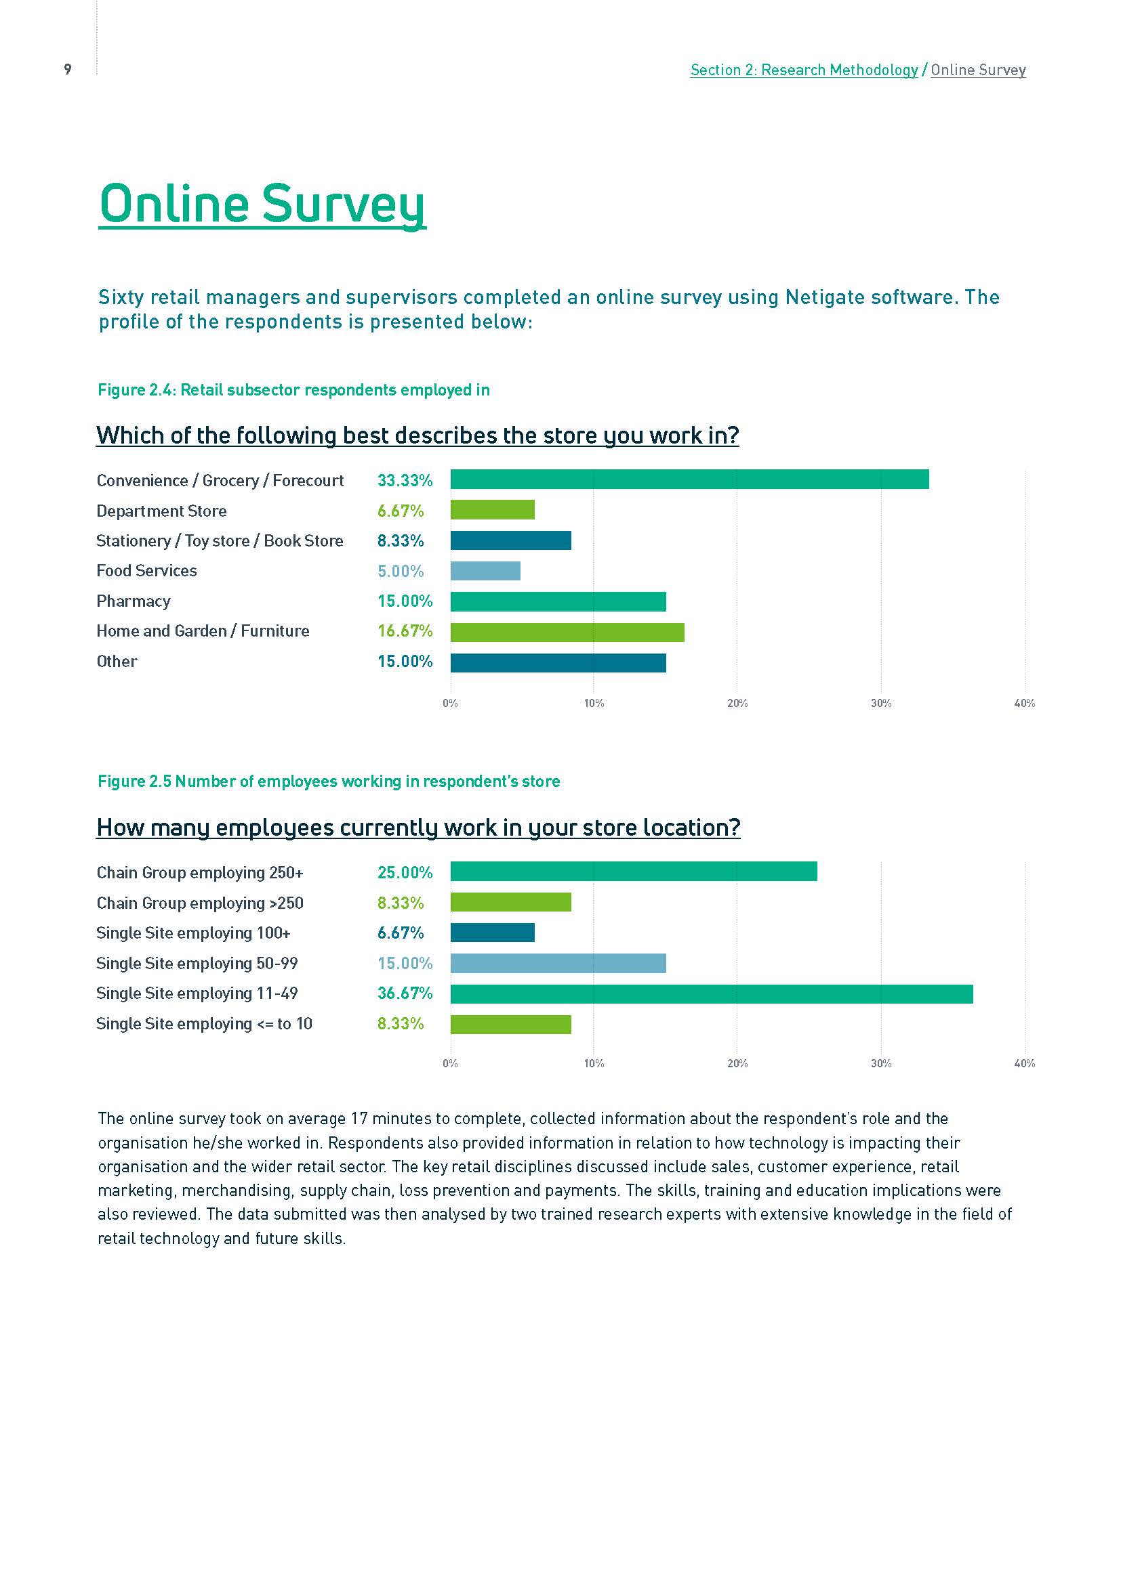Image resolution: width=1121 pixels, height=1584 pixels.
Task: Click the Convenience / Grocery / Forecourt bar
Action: click(x=689, y=479)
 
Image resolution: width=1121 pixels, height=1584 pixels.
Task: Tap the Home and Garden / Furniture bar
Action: click(x=567, y=632)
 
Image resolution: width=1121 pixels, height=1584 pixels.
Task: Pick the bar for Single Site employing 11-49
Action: click(x=711, y=993)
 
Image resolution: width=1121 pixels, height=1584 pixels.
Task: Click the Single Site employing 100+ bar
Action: click(x=492, y=933)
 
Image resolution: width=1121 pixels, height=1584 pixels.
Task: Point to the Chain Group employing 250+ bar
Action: click(x=633, y=872)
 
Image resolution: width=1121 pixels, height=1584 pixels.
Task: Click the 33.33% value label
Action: click(x=405, y=480)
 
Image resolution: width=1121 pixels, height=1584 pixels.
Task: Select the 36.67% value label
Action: click(x=405, y=993)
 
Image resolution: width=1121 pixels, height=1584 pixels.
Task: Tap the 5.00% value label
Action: click(x=401, y=572)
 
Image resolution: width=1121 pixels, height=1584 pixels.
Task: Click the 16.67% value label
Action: click(x=405, y=631)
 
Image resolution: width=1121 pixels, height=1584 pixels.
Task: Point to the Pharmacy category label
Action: click(x=134, y=601)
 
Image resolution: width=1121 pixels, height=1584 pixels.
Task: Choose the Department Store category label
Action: click(x=161, y=511)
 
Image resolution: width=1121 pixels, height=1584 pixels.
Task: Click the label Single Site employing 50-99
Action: click(x=197, y=963)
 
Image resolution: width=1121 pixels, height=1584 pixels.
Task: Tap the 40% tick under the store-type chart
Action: click(x=1023, y=703)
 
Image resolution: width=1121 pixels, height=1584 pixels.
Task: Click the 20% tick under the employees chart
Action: click(x=737, y=1063)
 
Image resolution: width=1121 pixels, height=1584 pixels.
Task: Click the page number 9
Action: click(x=68, y=69)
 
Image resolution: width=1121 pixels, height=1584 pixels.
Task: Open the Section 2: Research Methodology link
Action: click(x=804, y=70)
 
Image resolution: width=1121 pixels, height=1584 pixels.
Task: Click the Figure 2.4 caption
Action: click(x=293, y=390)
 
